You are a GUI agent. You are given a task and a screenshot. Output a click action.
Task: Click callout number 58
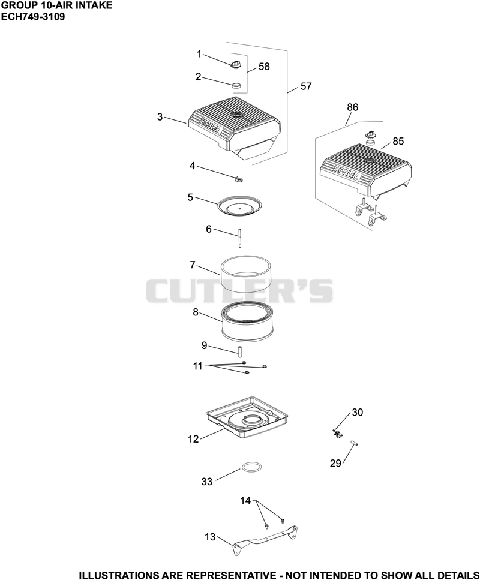click(264, 67)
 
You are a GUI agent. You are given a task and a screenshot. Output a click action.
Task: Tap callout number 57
click(305, 86)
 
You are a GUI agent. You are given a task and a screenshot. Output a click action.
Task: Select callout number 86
click(352, 107)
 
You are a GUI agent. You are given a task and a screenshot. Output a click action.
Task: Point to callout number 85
click(398, 142)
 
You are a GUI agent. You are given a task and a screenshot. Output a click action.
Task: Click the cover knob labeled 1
click(235, 64)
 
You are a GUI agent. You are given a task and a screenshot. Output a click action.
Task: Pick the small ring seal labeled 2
click(236, 86)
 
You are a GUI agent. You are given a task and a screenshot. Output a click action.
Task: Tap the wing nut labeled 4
click(238, 179)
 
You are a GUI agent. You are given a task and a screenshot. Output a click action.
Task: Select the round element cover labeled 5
click(239, 206)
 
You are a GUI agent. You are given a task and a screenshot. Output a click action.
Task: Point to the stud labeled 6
click(240, 238)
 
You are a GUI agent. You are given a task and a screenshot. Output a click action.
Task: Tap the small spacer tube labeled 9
click(240, 351)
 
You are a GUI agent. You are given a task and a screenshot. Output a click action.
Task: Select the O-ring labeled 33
click(251, 467)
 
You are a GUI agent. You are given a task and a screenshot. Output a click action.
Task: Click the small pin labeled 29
click(354, 443)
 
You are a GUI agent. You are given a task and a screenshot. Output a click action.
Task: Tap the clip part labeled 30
click(337, 433)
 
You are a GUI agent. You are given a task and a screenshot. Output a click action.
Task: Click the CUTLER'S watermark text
click(239, 291)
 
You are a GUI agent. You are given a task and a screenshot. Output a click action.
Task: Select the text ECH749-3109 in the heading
click(33, 17)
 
